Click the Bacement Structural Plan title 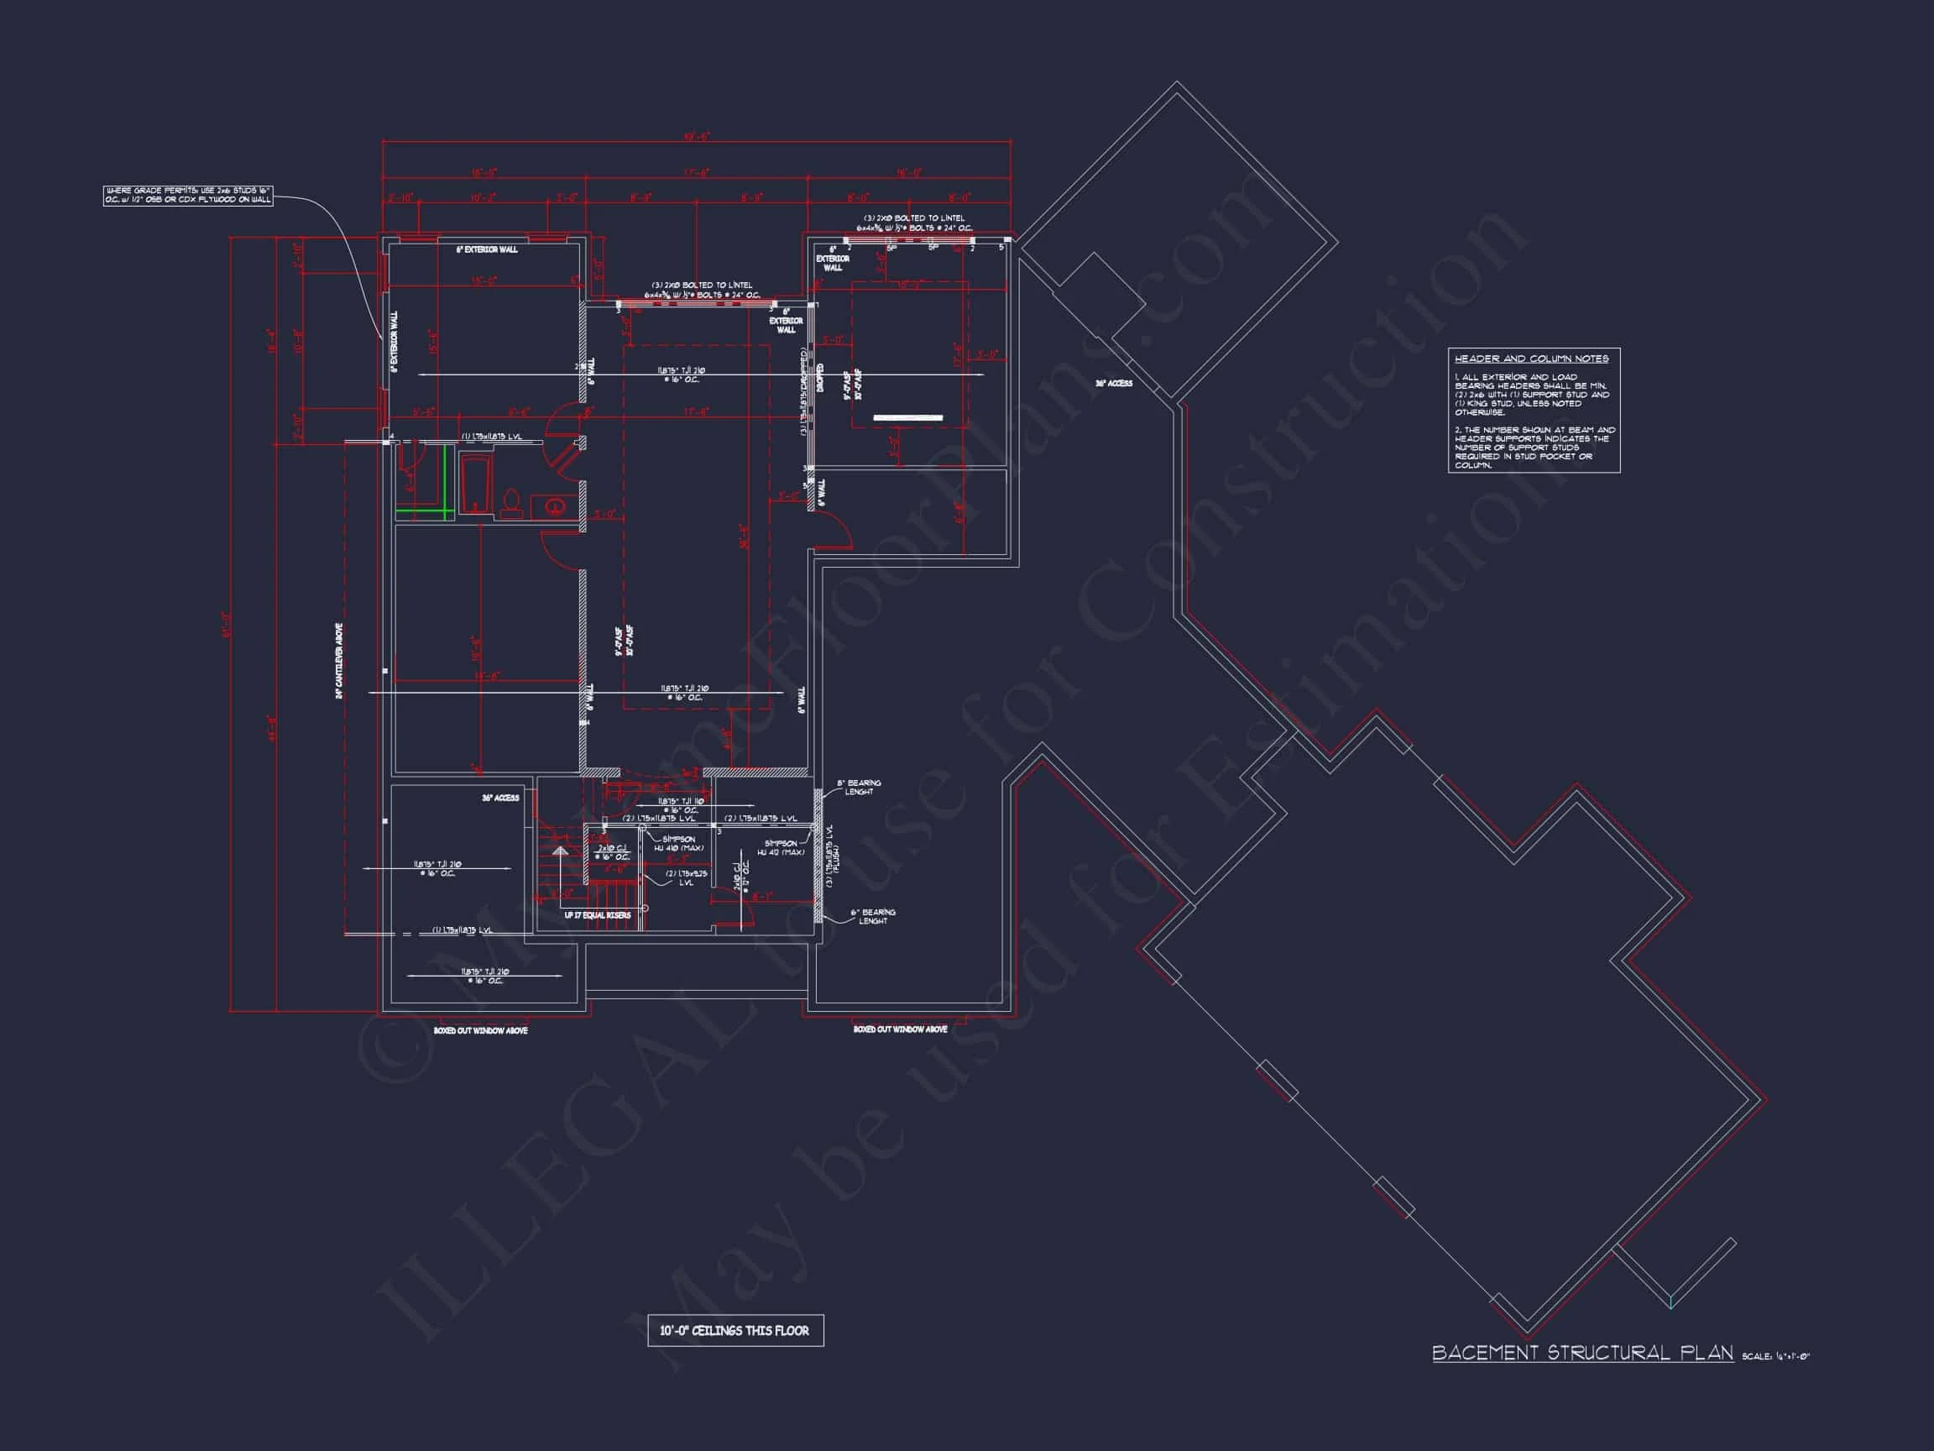pyautogui.click(x=1581, y=1352)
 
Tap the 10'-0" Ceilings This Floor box pyautogui.click(x=734, y=1330)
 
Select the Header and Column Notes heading pyautogui.click(x=1531, y=359)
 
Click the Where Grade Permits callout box pyautogui.click(x=188, y=195)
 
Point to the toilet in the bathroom pyautogui.click(x=511, y=504)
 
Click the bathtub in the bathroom pyautogui.click(x=476, y=484)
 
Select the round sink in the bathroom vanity pyautogui.click(x=554, y=505)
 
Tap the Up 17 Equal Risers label pyautogui.click(x=597, y=915)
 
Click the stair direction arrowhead pyautogui.click(x=560, y=850)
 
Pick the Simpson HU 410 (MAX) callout pyautogui.click(x=678, y=843)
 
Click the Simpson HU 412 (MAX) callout pyautogui.click(x=776, y=847)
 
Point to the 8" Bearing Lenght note pyautogui.click(x=859, y=787)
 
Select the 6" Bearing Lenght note pyautogui.click(x=873, y=916)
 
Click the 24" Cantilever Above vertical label pyautogui.click(x=339, y=661)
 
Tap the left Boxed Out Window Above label pyautogui.click(x=480, y=1030)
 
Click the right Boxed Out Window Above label pyautogui.click(x=900, y=1029)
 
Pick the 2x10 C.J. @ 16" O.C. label pyautogui.click(x=612, y=852)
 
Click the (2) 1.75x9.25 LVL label pyautogui.click(x=686, y=877)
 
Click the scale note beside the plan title pyautogui.click(x=1775, y=1357)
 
